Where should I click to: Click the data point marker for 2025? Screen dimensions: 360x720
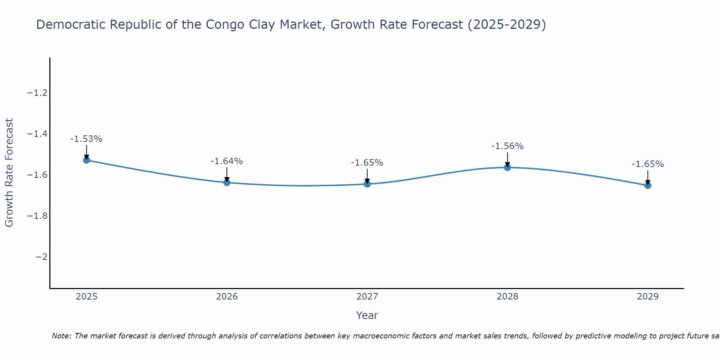point(86,160)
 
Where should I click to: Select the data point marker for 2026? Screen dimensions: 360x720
point(227,183)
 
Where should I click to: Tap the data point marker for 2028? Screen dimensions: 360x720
point(508,167)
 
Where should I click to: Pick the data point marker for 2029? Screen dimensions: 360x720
point(648,185)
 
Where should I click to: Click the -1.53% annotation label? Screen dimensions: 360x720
point(86,139)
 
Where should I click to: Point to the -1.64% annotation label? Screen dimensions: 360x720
point(226,161)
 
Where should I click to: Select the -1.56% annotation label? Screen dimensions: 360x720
point(507,146)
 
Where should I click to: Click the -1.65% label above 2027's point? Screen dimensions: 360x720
point(367,163)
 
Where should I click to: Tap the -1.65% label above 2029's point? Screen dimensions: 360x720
point(648,164)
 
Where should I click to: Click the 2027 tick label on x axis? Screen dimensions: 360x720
point(367,297)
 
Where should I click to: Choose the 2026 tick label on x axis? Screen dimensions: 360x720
point(227,297)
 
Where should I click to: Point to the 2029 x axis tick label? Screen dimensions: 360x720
point(648,297)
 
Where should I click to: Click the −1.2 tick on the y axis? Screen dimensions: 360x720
point(37,93)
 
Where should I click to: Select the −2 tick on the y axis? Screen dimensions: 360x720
point(41,257)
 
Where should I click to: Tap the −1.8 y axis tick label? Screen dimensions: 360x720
point(37,216)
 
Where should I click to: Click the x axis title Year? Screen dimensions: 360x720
point(367,315)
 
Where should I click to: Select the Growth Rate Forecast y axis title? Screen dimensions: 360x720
point(9,173)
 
